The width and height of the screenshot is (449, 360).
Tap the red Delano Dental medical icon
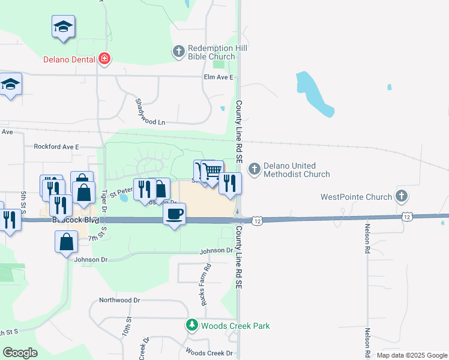click(x=105, y=58)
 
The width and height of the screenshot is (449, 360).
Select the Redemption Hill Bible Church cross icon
click(x=179, y=52)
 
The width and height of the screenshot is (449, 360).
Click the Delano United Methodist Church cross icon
click(x=255, y=169)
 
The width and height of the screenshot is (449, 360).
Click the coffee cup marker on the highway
click(x=174, y=214)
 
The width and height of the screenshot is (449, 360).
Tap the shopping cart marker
click(x=212, y=172)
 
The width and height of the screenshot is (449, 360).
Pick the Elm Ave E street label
click(x=218, y=77)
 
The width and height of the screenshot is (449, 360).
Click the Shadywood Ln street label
click(x=149, y=112)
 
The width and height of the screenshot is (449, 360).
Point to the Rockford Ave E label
click(x=56, y=146)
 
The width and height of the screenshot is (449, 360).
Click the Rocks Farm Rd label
click(x=205, y=284)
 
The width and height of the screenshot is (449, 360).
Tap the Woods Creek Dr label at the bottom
click(x=209, y=353)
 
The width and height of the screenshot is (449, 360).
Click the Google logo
click(x=20, y=353)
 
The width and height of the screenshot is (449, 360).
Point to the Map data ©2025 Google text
click(x=412, y=355)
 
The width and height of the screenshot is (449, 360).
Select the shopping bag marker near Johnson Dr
click(x=65, y=242)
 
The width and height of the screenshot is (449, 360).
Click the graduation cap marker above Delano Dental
click(x=63, y=27)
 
